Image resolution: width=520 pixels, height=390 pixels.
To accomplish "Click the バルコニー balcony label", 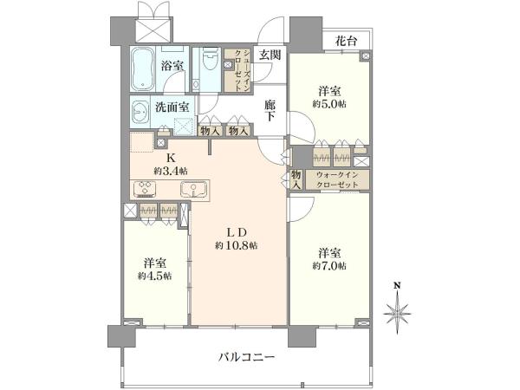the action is [247, 357].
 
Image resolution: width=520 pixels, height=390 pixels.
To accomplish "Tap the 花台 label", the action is [346, 41].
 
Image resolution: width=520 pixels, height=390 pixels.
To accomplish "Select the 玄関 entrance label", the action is [270, 55].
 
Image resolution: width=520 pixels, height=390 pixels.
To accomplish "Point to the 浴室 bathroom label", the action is [172, 66].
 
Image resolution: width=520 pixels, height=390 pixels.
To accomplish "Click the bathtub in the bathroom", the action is [142, 68].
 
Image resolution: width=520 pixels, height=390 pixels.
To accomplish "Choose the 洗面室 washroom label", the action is [172, 107].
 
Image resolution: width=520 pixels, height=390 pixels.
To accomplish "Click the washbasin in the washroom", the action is [140, 112].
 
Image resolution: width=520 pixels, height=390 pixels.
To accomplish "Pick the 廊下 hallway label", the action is [270, 111].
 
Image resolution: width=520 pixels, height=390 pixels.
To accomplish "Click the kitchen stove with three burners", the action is [144, 189].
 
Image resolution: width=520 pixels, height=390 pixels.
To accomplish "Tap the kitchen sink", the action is [193, 189].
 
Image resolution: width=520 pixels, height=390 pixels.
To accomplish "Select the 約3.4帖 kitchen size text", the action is [171, 171].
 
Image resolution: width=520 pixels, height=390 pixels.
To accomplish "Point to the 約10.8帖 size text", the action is [236, 245].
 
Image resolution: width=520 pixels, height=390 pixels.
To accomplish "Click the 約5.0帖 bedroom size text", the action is [329, 104].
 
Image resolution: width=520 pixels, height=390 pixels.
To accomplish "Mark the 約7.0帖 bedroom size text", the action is [329, 266].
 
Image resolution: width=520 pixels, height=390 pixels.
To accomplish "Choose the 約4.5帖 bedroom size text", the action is [155, 276].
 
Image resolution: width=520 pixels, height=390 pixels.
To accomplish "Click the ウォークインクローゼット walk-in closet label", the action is [337, 179].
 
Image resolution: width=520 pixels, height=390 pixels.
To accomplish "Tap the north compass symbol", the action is [397, 309].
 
